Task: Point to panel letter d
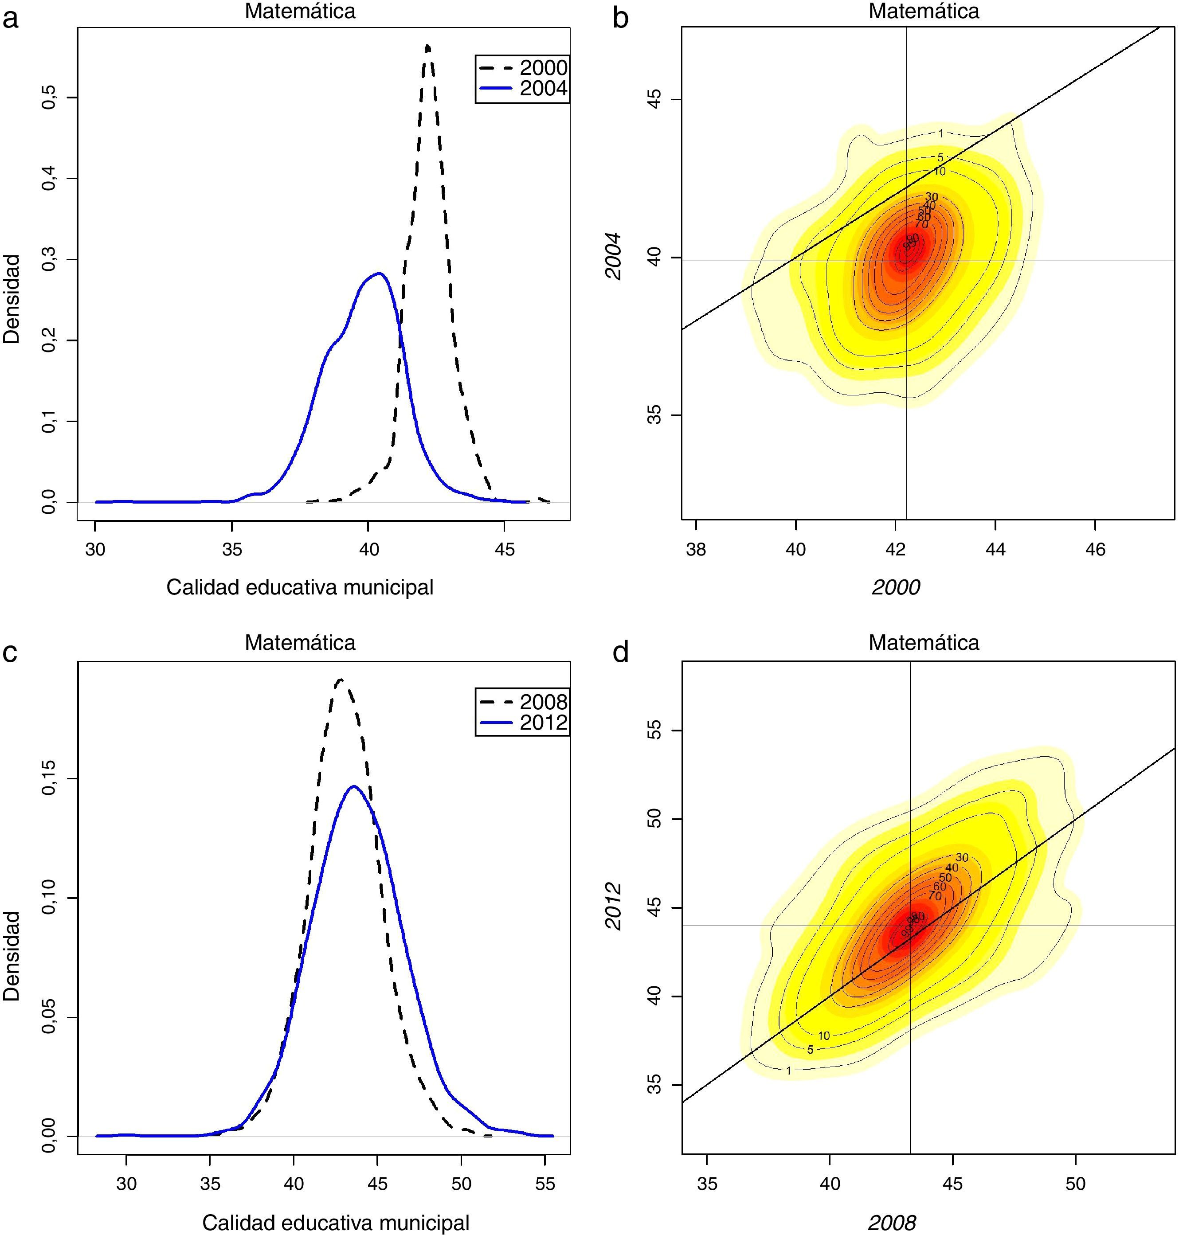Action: point(620,653)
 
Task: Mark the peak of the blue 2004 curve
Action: point(379,273)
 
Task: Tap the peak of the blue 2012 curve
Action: point(353,786)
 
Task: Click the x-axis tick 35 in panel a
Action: point(232,550)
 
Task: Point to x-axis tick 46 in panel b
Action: point(1095,550)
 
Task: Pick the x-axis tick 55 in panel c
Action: point(545,1184)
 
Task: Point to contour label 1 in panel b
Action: point(941,133)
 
